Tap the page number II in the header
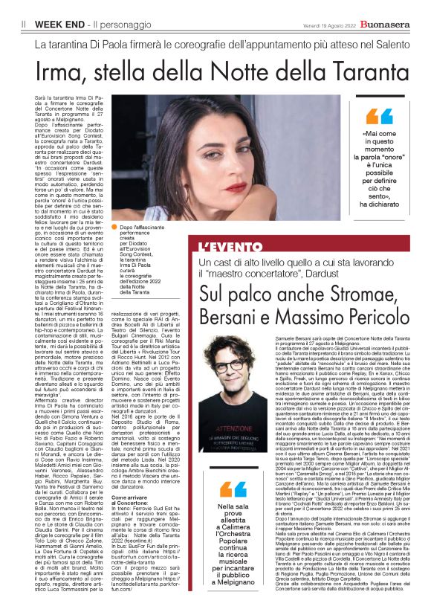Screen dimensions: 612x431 tap(24, 25)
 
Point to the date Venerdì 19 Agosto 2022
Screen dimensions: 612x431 tap(328, 25)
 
